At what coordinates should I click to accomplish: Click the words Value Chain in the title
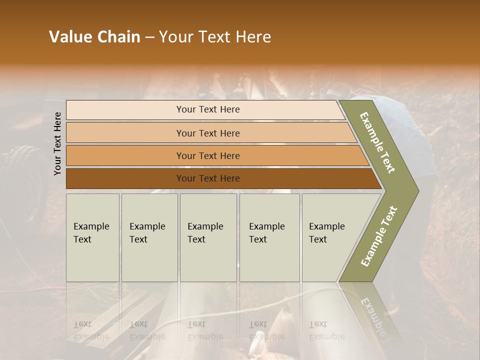coord(94,37)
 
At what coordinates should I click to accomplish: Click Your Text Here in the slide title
coord(215,37)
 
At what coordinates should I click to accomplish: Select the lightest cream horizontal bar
coord(125,109)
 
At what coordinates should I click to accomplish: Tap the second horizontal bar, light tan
coord(125,132)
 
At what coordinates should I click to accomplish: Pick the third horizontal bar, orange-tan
coord(125,155)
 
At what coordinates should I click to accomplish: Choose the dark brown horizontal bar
coord(125,178)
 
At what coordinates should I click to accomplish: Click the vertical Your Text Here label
coord(57,143)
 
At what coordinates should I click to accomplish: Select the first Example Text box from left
coord(92,237)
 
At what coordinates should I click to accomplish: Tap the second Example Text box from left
coord(149,237)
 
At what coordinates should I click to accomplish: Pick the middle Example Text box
coord(208,237)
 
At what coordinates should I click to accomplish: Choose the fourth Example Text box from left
coord(269,237)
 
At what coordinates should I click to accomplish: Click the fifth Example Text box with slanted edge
coord(330,237)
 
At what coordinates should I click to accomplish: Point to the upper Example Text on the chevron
coord(377,142)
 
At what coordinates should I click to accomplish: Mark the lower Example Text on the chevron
coord(379,236)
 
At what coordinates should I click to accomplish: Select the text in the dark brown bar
coord(208,178)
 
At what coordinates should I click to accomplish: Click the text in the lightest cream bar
coord(208,109)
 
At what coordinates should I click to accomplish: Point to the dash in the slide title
coord(149,38)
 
